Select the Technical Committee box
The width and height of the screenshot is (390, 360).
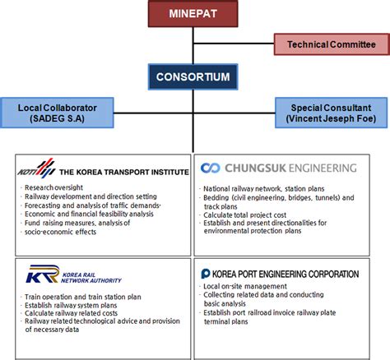(329, 44)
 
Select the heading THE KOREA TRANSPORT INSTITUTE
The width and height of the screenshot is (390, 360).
(123, 172)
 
